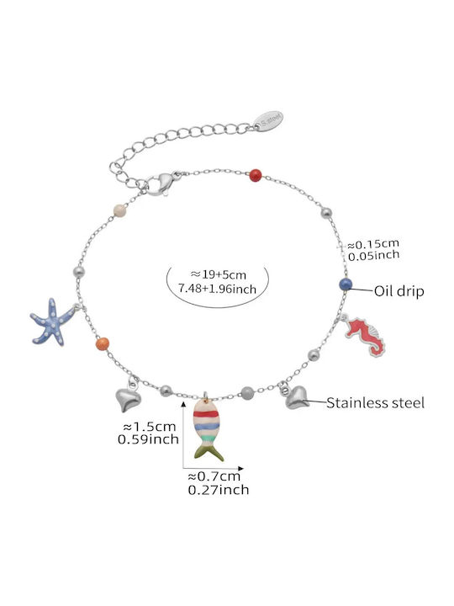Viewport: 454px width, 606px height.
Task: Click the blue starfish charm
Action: [x=53, y=322]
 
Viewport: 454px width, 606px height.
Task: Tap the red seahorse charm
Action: [x=365, y=335]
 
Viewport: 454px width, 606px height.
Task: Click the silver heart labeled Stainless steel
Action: [x=297, y=398]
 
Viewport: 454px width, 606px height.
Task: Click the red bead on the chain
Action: [x=256, y=175]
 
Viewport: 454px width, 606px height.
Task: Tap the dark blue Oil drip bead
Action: [x=346, y=284]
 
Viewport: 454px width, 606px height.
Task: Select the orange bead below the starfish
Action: [x=103, y=343]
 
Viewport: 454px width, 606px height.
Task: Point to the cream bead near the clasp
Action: [x=120, y=210]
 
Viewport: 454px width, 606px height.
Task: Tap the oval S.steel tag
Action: [x=269, y=121]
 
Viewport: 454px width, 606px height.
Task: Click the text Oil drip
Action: [x=399, y=291]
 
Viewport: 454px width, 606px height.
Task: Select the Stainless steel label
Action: [x=375, y=402]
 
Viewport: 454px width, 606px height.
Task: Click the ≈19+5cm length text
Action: [x=218, y=274]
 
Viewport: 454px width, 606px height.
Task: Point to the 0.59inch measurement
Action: [x=148, y=439]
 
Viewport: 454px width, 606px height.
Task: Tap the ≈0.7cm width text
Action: [x=214, y=477]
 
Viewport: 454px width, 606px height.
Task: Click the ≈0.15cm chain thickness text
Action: [x=373, y=244]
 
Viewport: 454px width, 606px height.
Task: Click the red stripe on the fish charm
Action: [x=206, y=414]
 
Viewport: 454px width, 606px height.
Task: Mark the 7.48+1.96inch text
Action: [x=217, y=289]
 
